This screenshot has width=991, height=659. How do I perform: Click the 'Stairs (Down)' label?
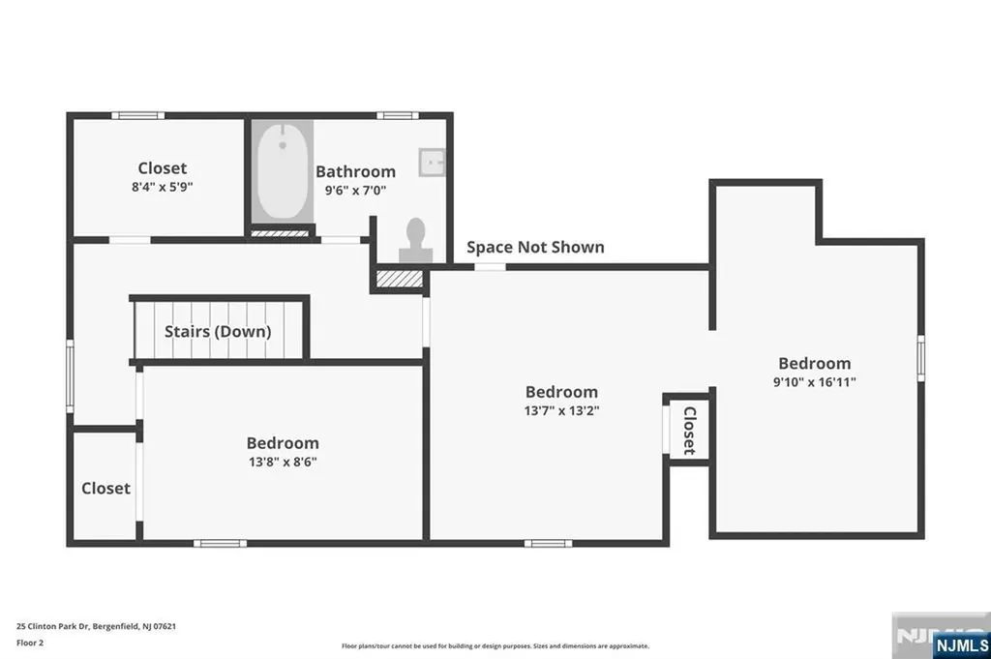[218, 331]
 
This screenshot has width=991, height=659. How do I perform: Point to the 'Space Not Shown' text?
[535, 247]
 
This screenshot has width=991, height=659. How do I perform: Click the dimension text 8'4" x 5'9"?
[162, 188]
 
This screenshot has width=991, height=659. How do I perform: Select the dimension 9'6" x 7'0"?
[356, 191]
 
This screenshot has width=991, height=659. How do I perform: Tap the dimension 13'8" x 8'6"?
[283, 462]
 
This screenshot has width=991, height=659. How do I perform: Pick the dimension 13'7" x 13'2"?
[561, 410]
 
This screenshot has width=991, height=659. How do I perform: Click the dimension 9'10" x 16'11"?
[814, 381]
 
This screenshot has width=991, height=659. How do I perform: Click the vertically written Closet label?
[689, 430]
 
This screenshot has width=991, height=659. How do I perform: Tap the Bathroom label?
[356, 171]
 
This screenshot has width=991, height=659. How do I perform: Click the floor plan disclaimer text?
[495, 645]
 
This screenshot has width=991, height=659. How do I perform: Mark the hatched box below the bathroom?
[399, 280]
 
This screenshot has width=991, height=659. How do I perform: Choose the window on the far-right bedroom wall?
[920, 357]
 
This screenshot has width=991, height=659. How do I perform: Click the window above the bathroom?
[397, 115]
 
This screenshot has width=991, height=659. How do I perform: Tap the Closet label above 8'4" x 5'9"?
[162, 168]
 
